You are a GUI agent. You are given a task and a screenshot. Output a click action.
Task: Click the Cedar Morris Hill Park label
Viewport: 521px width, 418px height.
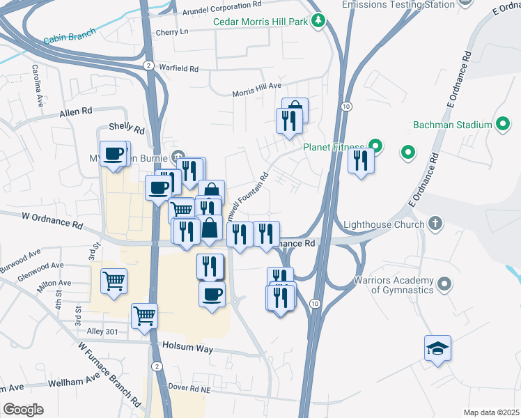pos(260,22)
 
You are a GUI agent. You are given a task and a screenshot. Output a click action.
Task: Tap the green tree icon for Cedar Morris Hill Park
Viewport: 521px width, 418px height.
pos(318,21)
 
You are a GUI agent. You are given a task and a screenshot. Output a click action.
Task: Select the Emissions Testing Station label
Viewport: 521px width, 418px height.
pos(398,5)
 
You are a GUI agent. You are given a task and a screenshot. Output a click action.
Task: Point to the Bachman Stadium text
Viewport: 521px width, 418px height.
pos(452,125)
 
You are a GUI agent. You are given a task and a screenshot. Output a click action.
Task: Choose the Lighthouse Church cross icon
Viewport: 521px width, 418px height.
pos(435,224)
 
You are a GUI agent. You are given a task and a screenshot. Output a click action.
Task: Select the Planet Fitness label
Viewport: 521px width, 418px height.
pos(334,147)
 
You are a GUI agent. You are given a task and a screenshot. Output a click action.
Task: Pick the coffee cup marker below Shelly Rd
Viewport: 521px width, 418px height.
pos(113,154)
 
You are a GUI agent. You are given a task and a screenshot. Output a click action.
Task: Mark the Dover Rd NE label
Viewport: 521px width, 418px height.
pos(190,386)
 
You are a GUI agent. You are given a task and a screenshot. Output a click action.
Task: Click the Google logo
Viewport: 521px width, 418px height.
pos(23,410)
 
